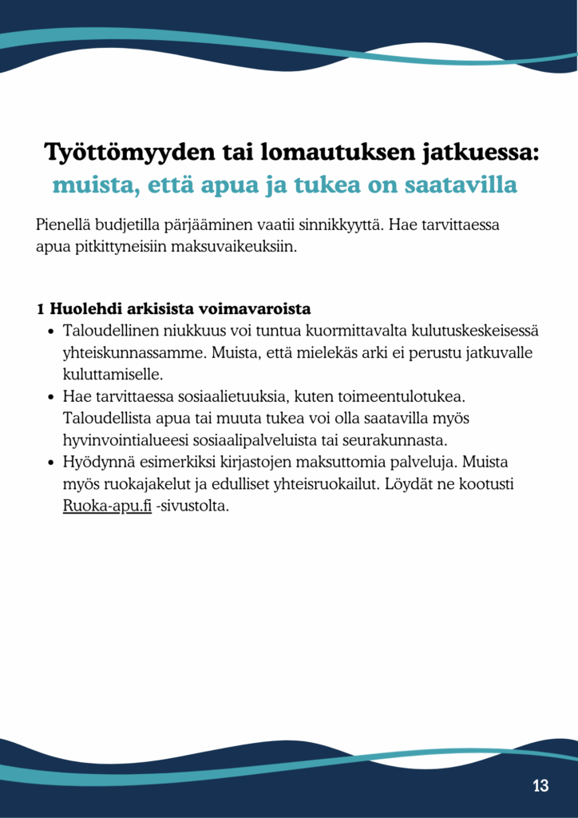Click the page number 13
point(540,786)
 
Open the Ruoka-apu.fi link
point(107,506)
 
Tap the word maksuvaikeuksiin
point(239,246)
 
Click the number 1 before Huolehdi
point(41,308)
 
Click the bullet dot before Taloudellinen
point(51,330)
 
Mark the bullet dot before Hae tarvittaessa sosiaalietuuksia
point(51,396)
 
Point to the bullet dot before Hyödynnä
point(51,463)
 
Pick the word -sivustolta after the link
point(192,506)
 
